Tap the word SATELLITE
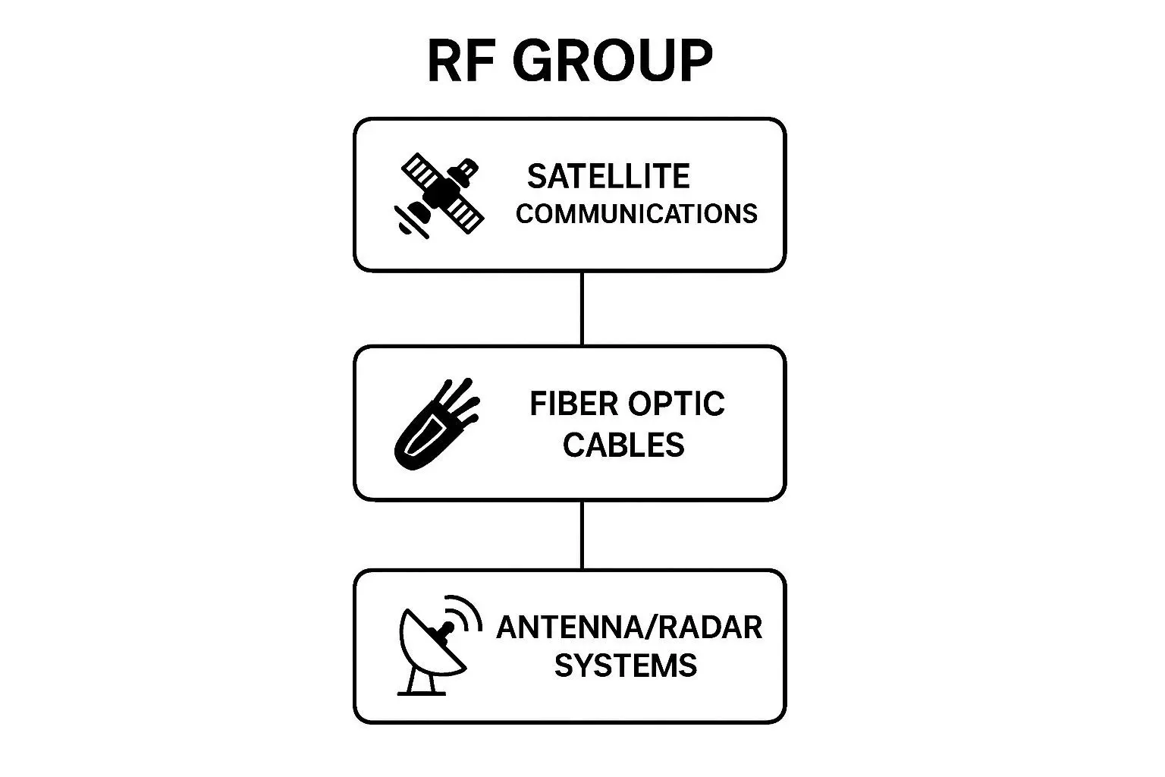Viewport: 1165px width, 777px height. pyautogui.click(x=608, y=177)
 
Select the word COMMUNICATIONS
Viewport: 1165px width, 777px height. pyautogui.click(x=636, y=214)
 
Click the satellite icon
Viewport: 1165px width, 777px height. pyautogui.click(x=441, y=195)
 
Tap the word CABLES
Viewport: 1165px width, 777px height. pyautogui.click(x=623, y=445)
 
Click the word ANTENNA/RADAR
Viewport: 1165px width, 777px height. pyautogui.click(x=629, y=628)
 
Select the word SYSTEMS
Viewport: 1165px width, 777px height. pyautogui.click(x=625, y=665)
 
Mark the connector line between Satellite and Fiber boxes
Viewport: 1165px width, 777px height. pyautogui.click(x=582, y=308)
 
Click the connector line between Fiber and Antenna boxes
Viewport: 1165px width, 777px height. pyautogui.click(x=582, y=534)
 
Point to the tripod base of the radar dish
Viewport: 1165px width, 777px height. pyautogui.click(x=422, y=682)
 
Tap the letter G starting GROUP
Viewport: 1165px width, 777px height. pyautogui.click(x=537, y=61)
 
